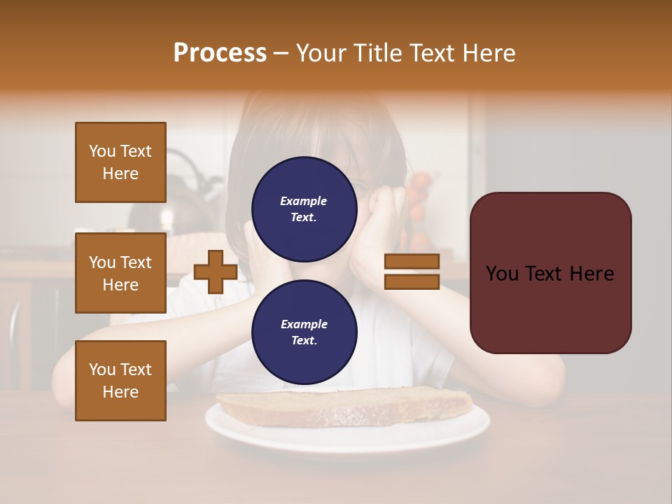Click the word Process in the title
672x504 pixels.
point(220,53)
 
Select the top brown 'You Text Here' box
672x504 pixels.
point(120,162)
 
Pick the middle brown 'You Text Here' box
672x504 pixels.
point(120,273)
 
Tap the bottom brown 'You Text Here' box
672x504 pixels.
point(120,381)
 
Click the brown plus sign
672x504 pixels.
point(215,272)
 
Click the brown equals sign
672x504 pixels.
point(412,272)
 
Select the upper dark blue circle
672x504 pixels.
point(304,209)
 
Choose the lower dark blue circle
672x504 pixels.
point(304,332)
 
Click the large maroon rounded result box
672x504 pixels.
point(550,273)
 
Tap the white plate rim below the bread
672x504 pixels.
point(346,438)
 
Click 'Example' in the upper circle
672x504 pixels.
point(304,201)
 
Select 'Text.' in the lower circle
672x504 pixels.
point(304,340)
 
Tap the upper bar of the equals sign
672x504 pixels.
point(412,262)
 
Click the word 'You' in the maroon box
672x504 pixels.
point(502,274)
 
